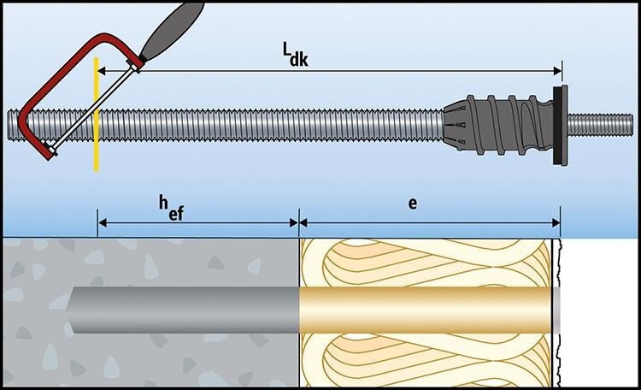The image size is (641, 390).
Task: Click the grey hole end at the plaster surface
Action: pos(556,309)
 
